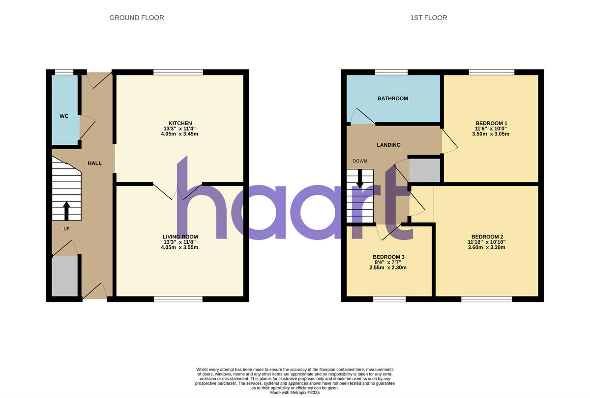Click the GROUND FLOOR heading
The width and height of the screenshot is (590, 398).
coord(136,18)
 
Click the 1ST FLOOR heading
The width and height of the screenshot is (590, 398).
coord(429,18)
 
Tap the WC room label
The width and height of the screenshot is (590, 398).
coord(64,116)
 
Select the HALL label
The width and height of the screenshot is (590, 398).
coord(94,163)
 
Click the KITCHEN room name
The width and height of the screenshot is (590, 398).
coord(180,123)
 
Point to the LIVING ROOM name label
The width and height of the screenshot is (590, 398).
coord(180,236)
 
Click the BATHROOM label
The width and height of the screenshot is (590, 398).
coord(392,99)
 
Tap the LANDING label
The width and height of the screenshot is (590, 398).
coord(388,145)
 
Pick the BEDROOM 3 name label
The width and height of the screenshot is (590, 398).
coord(388,257)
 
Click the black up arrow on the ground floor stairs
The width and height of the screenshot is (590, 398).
coord(66,211)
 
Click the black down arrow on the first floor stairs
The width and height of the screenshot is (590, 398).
coord(360,179)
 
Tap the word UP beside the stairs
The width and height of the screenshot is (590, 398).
coord(66,229)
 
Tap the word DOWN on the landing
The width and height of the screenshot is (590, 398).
coord(359,161)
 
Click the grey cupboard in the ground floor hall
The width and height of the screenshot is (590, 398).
coord(65,276)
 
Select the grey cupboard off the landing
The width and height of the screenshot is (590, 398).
coord(425,170)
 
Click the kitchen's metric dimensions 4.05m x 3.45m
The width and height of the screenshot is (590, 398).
coord(180,134)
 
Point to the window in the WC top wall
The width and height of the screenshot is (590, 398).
coord(64,72)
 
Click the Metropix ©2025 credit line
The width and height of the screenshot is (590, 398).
coord(295,393)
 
